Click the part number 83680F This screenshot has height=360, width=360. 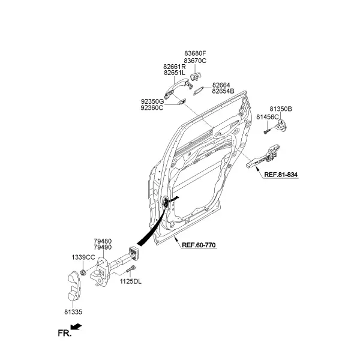pos(195,53)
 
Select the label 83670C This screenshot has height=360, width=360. pos(195,61)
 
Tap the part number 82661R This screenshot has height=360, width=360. pos(174,67)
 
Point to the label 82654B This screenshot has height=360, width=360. pos(223,91)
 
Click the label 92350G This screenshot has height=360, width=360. pos(152,101)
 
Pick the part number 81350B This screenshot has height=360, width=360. pos(281,109)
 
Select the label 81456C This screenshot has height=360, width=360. pos(268,117)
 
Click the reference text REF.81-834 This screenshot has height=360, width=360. pos(281,175)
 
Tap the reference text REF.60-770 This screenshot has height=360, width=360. pos(199,245)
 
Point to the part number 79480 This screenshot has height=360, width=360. pos(103,241)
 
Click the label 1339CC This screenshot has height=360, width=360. pos(83,257)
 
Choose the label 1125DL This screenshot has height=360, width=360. pos(131,281)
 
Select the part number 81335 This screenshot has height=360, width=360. pos(73,312)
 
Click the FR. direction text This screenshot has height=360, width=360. pos(65,333)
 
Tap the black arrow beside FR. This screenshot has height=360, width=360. pos(76,327)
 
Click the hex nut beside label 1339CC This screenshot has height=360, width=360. pos(83,272)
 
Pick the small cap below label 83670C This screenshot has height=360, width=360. pos(196,76)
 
